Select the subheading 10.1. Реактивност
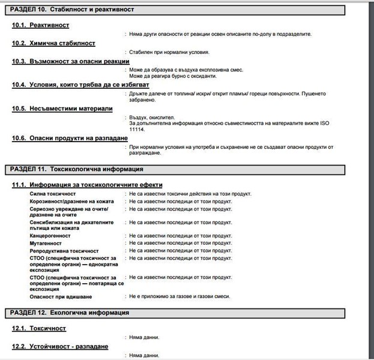pyautogui.click(x=41, y=25)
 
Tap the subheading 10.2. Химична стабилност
pyautogui.click(x=53, y=43)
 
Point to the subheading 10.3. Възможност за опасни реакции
pyautogui.click(x=70, y=61)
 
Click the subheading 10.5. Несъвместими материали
pyautogui.click(x=62, y=109)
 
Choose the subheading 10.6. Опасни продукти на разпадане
pyautogui.click(x=70, y=138)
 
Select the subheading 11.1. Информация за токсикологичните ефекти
pyautogui.click(x=87, y=185)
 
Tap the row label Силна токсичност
pyautogui.click(x=52, y=194)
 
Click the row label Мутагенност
pyautogui.click(x=47, y=244)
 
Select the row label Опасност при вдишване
pyautogui.click(x=61, y=296)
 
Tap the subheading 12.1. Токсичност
pyautogui.click(x=39, y=329)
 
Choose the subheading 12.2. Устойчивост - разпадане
pyautogui.click(x=60, y=347)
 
